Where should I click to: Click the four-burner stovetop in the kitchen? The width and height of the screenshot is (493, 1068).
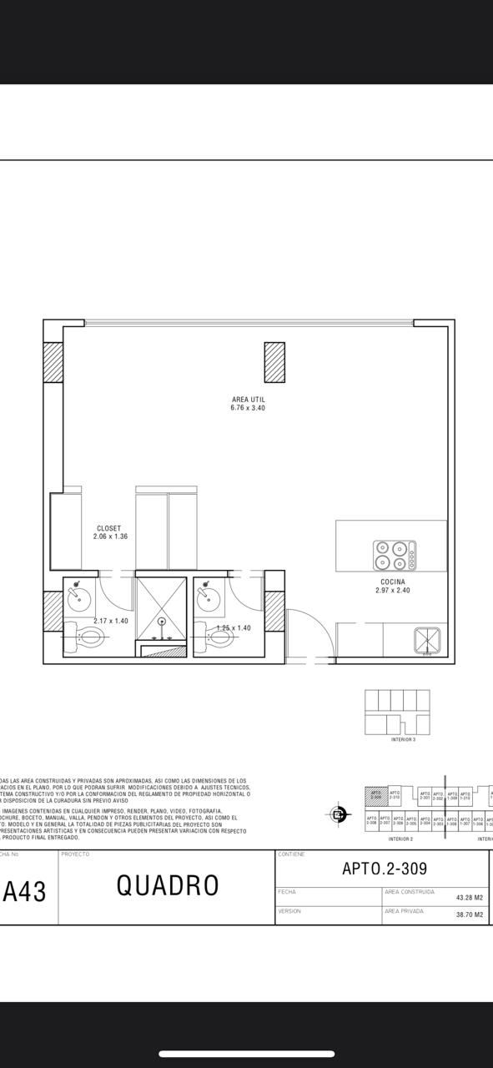pyautogui.click(x=395, y=556)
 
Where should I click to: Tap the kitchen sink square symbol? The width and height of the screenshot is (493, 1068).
pyautogui.click(x=427, y=640)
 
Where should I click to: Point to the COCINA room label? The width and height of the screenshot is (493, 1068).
pyautogui.click(x=393, y=582)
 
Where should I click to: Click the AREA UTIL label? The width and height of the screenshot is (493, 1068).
pyautogui.click(x=249, y=400)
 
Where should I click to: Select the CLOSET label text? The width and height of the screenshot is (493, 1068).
pyautogui.click(x=109, y=528)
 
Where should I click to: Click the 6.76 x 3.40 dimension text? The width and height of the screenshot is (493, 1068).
pyautogui.click(x=249, y=408)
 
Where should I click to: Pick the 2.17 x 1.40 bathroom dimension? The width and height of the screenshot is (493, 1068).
pyautogui.click(x=112, y=621)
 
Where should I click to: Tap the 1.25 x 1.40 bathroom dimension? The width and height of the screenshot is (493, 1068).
pyautogui.click(x=234, y=628)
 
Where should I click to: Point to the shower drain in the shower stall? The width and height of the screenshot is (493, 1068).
pyautogui.click(x=162, y=621)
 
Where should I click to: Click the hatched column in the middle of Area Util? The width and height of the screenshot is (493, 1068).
pyautogui.click(x=274, y=362)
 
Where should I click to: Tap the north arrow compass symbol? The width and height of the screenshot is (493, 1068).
pyautogui.click(x=339, y=814)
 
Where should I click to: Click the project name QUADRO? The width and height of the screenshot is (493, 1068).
pyautogui.click(x=168, y=886)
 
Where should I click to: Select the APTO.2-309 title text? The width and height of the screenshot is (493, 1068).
pyautogui.click(x=384, y=869)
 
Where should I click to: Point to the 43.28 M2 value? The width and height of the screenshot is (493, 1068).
pyautogui.click(x=470, y=898)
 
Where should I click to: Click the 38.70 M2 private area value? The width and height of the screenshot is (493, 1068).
pyautogui.click(x=470, y=915)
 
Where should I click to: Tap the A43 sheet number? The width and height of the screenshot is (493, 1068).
pyautogui.click(x=25, y=892)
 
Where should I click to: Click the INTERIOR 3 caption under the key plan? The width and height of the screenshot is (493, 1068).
pyautogui.click(x=403, y=739)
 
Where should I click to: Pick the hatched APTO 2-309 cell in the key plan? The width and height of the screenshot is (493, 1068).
pyautogui.click(x=376, y=796)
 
